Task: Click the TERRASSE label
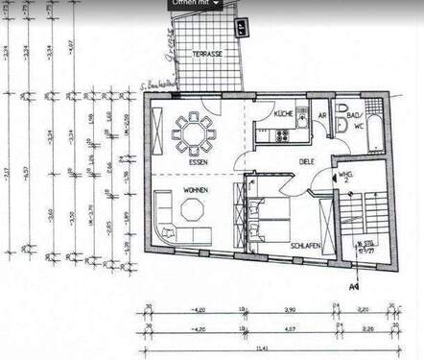pos(206,54)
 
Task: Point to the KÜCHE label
pos(283,114)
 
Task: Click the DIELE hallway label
pos(306,162)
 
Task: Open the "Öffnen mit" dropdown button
pos(195,4)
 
